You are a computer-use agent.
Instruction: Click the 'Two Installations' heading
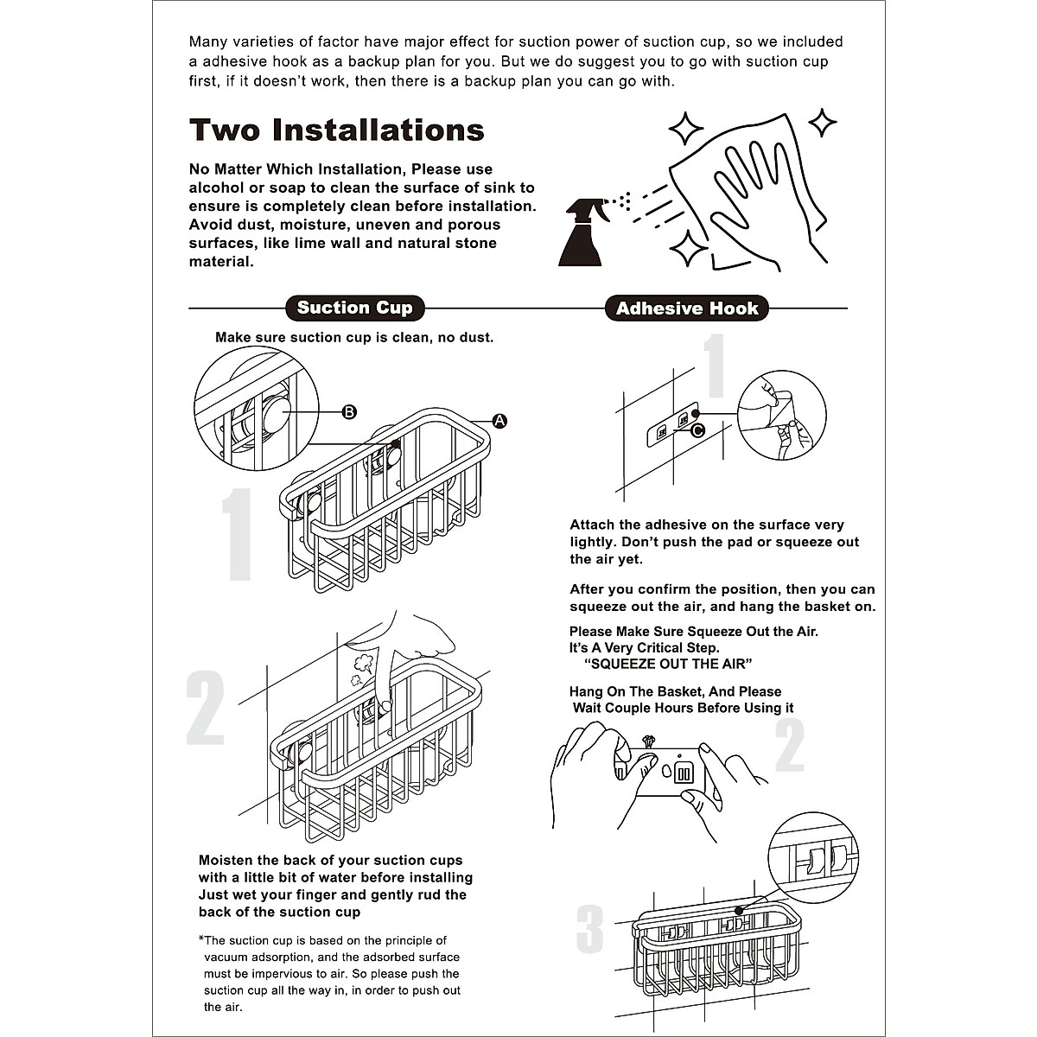coord(336,130)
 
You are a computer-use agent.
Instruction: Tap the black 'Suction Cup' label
coord(354,308)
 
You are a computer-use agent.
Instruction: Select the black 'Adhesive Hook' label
coord(686,309)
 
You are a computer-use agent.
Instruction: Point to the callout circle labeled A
coord(499,421)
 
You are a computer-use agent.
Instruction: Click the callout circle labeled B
coord(349,412)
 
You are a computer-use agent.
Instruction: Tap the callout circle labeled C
coord(697,429)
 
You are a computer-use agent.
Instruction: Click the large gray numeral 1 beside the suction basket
coord(236,535)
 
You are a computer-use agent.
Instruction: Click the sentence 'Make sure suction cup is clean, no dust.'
coord(354,337)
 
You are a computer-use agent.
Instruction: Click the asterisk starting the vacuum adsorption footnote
coord(201,940)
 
